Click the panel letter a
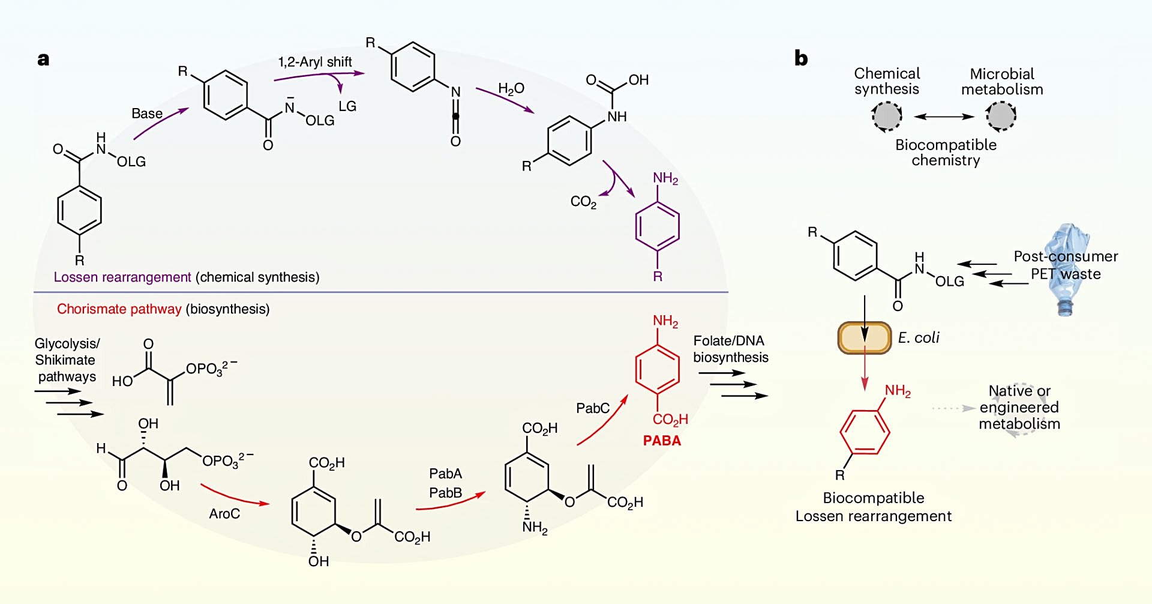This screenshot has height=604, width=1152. tap(43, 59)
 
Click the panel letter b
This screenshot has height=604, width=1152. tap(801, 58)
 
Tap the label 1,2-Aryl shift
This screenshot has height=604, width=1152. tap(315, 62)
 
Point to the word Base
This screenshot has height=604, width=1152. tap(147, 113)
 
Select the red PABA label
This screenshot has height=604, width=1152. tap(662, 441)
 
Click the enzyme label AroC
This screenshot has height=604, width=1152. tap(224, 514)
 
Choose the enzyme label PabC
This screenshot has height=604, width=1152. tap(593, 408)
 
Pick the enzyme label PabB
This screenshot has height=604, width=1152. tap(446, 493)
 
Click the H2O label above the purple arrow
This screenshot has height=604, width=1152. tap(511, 89)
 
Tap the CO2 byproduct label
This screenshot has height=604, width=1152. tap(583, 202)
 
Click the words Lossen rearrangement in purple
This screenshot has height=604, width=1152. tap(122, 277)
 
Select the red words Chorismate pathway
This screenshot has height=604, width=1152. tap(119, 309)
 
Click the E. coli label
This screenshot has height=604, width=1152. tap(919, 338)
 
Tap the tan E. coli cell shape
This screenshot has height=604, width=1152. tap(865, 338)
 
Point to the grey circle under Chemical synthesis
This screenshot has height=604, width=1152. tap(887, 116)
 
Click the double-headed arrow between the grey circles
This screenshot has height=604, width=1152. tap(944, 116)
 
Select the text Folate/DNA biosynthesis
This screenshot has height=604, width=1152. tap(730, 349)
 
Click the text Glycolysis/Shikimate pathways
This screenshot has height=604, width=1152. tap(66, 360)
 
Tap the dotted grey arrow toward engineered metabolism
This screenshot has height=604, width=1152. tap(953, 408)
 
